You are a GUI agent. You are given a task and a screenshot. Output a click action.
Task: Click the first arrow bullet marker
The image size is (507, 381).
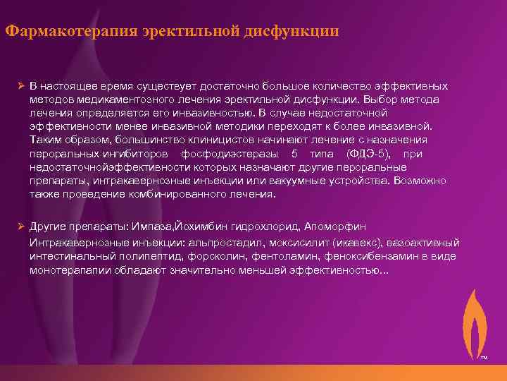21,86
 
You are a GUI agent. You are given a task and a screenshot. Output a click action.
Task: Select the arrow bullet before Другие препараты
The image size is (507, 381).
21,226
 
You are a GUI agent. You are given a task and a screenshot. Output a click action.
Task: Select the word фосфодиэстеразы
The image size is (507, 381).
225,153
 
